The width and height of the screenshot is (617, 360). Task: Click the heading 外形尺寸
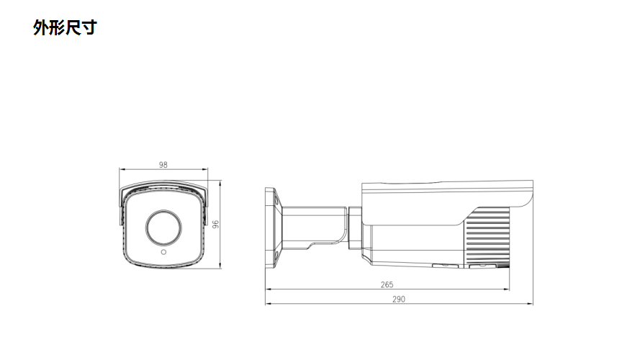(65, 28)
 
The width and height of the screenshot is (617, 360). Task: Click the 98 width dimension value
(163, 165)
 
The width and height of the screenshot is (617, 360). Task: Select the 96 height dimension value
(215, 225)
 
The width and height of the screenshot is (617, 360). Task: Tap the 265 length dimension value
(387, 284)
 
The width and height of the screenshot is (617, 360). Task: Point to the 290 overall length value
(398, 299)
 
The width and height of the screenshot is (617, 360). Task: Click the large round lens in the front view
(163, 228)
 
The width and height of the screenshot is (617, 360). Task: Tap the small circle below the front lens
(163, 253)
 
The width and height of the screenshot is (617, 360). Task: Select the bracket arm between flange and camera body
(313, 225)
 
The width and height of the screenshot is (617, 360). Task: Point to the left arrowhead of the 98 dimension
(121, 171)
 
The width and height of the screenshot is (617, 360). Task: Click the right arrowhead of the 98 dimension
(205, 171)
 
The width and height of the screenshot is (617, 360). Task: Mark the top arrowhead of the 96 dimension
(220, 184)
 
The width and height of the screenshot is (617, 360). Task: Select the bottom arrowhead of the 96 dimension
(220, 266)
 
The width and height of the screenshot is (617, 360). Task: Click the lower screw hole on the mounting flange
(274, 258)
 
